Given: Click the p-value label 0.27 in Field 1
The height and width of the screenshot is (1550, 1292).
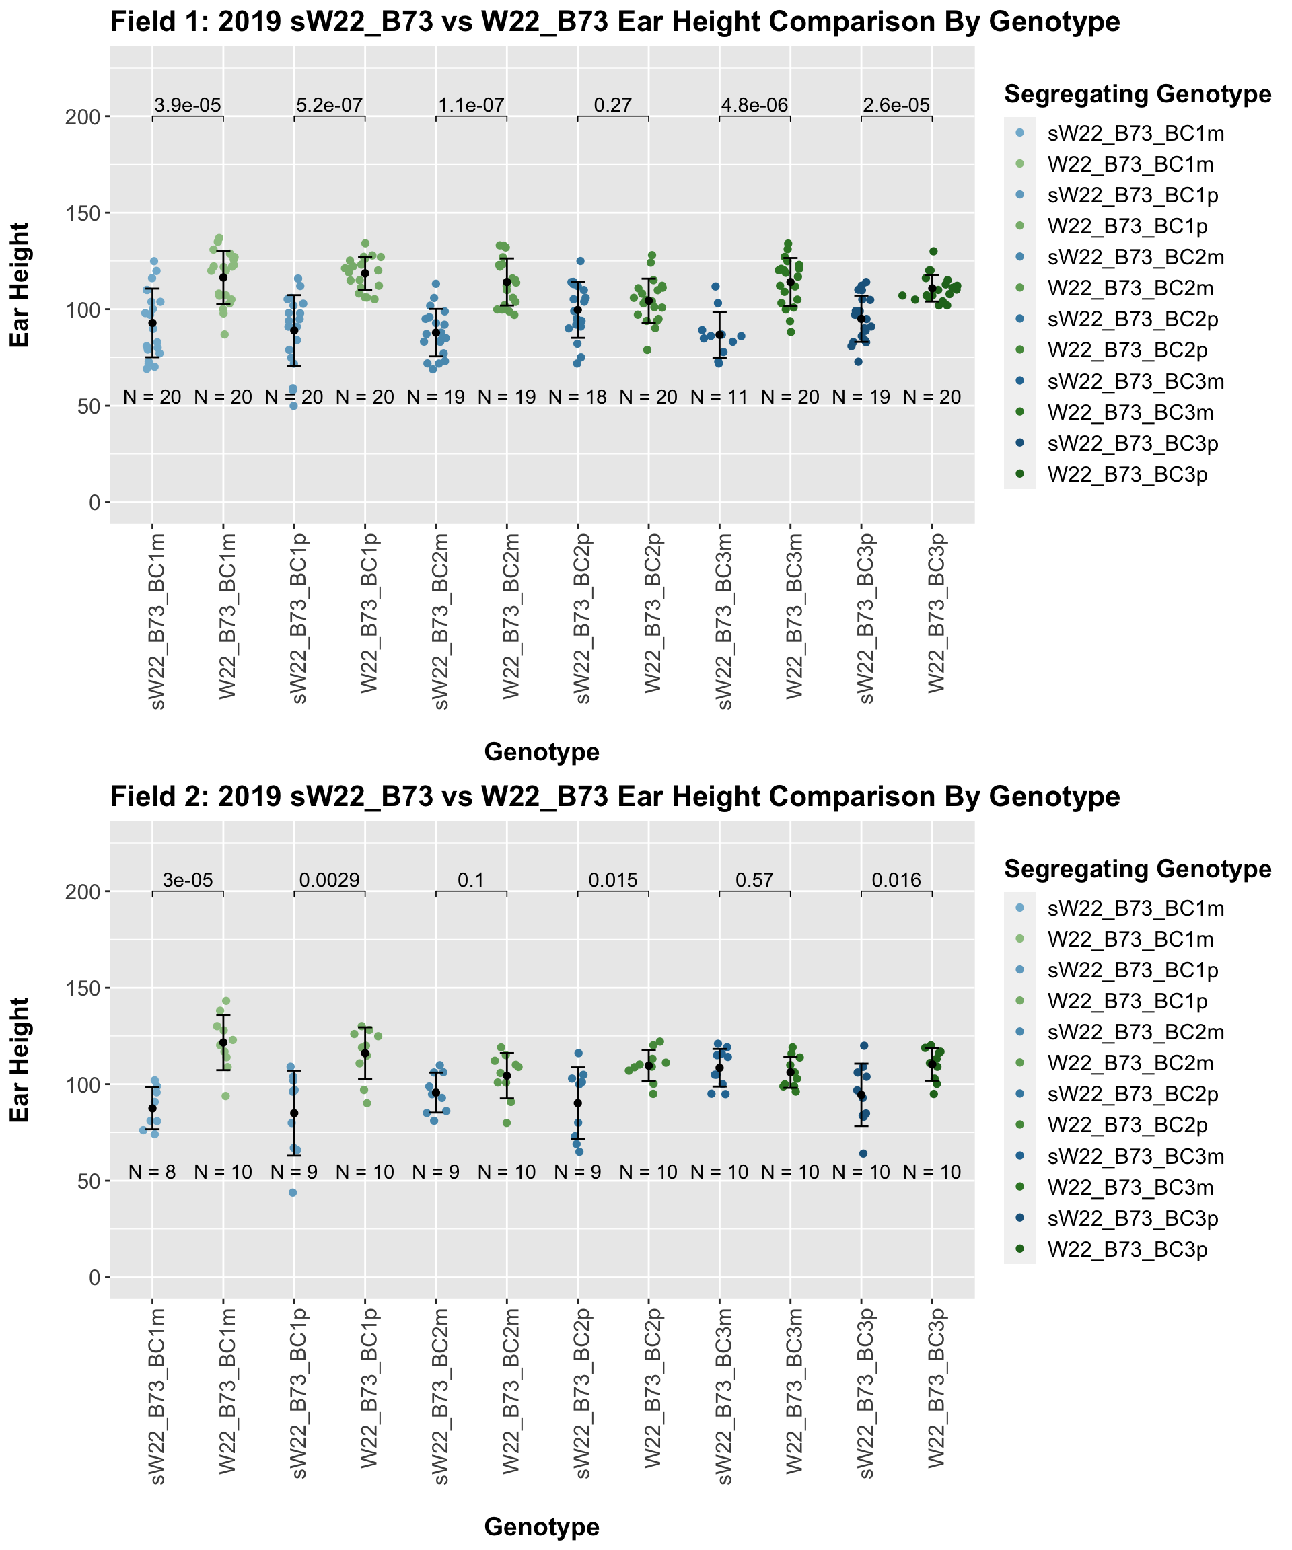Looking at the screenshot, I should click(613, 106).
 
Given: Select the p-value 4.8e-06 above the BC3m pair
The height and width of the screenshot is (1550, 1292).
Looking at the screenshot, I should click(754, 106).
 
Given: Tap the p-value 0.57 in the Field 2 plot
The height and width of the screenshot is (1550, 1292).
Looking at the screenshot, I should click(754, 880).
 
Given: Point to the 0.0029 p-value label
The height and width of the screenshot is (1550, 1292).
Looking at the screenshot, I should click(329, 880).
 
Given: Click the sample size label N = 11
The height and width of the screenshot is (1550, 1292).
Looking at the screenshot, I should click(719, 397).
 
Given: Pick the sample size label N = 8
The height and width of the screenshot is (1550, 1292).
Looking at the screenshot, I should click(152, 1172).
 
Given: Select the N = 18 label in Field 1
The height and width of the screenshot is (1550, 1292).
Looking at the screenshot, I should click(577, 397).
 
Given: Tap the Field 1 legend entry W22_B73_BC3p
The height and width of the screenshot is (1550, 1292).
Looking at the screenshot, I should click(1127, 474).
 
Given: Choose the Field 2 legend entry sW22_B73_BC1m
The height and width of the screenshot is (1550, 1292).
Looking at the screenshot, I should click(1135, 909).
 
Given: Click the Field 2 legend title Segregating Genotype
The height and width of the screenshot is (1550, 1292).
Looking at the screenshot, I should click(1137, 869).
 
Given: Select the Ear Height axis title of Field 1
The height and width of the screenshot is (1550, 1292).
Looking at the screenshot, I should click(20, 285).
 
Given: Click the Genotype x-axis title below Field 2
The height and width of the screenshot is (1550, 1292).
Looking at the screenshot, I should click(541, 1526).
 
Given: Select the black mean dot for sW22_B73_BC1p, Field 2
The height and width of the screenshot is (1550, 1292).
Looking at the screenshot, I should click(294, 1113).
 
